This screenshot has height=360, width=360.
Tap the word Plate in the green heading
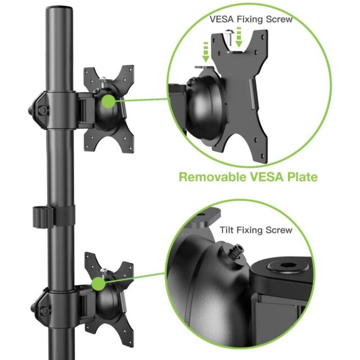[300, 177]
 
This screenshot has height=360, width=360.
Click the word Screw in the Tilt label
[280, 230]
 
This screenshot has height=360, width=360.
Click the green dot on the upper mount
[109, 101]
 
